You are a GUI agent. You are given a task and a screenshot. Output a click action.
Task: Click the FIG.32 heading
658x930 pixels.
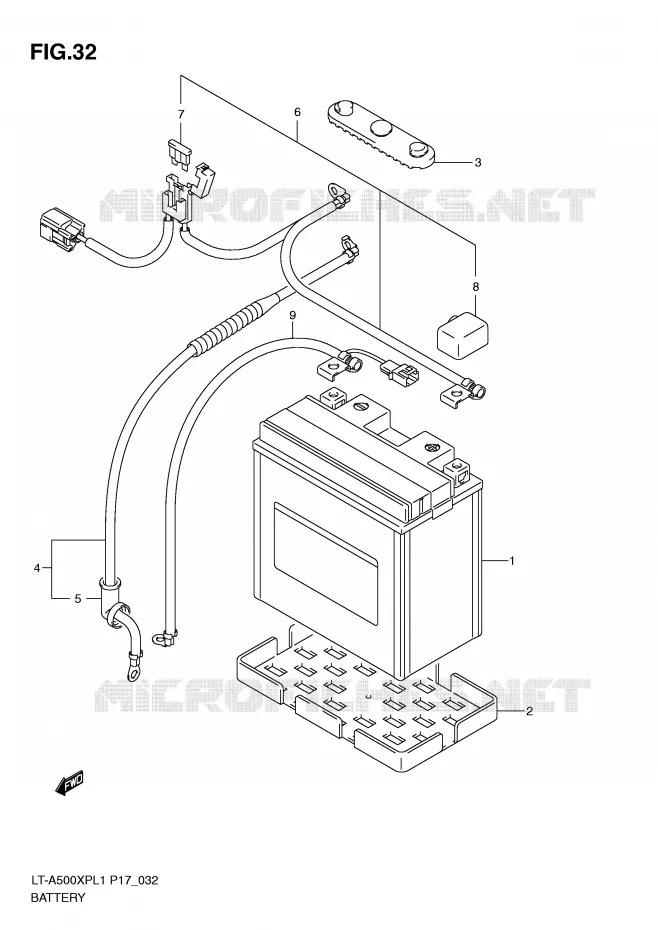(x=63, y=52)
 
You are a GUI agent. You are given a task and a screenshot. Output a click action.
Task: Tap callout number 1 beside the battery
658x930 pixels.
(x=512, y=560)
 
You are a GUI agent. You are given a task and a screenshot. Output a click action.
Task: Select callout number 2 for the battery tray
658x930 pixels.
(x=529, y=711)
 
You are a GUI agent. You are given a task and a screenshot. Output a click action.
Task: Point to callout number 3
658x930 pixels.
(x=478, y=162)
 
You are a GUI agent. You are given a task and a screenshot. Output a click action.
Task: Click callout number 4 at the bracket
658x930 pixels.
(x=37, y=568)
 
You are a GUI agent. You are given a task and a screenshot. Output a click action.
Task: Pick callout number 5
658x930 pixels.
(x=78, y=598)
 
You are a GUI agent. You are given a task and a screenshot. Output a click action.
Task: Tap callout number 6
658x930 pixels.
(x=297, y=112)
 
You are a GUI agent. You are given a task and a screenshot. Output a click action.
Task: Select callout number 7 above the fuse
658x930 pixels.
(x=181, y=114)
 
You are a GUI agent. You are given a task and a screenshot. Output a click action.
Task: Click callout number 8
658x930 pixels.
(x=475, y=287)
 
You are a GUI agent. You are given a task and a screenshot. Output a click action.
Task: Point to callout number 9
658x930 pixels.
(x=293, y=315)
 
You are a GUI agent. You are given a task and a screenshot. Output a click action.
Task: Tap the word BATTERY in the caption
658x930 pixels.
(x=58, y=897)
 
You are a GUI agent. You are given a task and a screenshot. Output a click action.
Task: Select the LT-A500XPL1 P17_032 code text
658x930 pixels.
(x=94, y=880)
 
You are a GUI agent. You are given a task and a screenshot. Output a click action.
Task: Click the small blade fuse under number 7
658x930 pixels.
(x=179, y=153)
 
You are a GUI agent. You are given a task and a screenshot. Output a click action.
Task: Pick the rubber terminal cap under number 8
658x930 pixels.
(x=463, y=334)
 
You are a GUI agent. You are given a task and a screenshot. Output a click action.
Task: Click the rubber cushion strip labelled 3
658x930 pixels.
(x=382, y=133)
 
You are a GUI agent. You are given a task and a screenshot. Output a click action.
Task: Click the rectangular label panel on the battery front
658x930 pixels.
(x=325, y=564)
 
